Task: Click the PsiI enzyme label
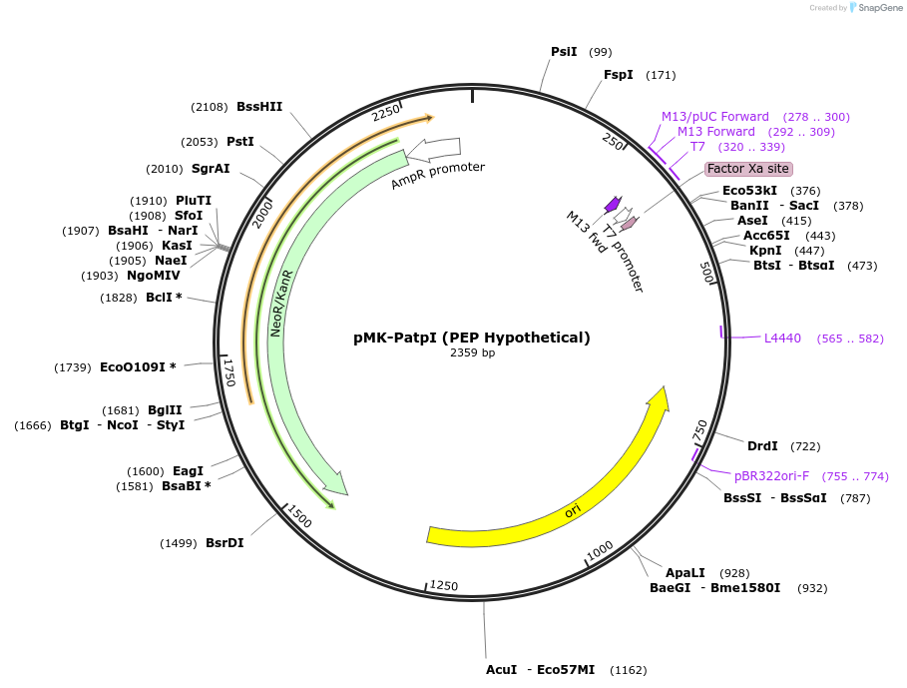coord(564,52)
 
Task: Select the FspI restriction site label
coord(618,75)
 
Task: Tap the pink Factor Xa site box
coord(748,169)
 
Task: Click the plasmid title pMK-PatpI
coord(472,338)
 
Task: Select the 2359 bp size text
coord(472,352)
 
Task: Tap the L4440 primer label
coord(782,339)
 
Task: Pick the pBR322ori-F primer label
coord(771,476)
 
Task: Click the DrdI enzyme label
coord(762,446)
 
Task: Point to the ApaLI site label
coord(685,573)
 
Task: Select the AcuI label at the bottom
coord(501,670)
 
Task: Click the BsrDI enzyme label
coord(225,543)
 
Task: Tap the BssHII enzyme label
coord(259,107)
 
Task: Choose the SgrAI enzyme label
coord(211,169)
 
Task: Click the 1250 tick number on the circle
coord(444,586)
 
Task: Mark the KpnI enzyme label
coord(765,251)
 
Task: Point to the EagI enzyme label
coord(188,471)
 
